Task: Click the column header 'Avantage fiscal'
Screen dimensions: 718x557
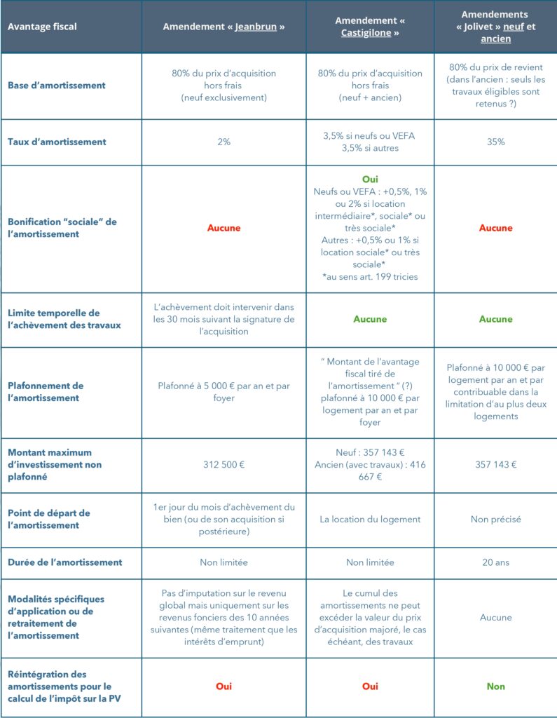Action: click(42, 27)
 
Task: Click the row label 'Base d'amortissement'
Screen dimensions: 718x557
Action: click(57, 85)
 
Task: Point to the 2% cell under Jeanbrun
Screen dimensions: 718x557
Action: click(224, 142)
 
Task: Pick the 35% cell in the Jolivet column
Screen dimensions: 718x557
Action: click(495, 142)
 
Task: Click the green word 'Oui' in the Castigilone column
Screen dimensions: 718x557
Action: click(370, 179)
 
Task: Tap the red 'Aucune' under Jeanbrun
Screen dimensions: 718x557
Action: click(224, 228)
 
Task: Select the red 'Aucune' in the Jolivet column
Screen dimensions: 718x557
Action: click(495, 228)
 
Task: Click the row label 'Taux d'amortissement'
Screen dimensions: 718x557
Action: click(57, 142)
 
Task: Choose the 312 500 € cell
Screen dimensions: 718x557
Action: click(224, 464)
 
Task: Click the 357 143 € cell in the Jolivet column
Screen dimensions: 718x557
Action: click(495, 464)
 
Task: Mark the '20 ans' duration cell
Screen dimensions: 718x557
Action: click(495, 562)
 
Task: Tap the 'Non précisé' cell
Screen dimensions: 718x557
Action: click(495, 520)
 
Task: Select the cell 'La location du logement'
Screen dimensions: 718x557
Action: click(370, 520)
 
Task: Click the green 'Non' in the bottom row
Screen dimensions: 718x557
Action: click(495, 686)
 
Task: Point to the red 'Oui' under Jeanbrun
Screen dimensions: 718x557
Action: click(224, 686)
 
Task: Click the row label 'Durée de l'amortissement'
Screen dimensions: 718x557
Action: click(65, 562)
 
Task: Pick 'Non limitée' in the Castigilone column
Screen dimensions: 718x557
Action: click(370, 562)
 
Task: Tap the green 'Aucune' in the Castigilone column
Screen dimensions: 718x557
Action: click(370, 319)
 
